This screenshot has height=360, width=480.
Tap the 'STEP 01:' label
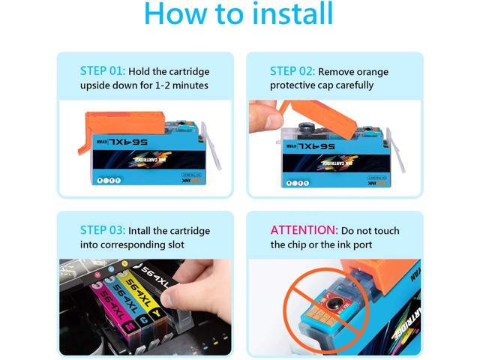coord(102,71)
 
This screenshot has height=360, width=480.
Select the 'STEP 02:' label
coord(292,71)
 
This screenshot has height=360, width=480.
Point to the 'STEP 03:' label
coord(102,231)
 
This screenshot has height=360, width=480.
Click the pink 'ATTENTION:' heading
coord(304,231)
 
